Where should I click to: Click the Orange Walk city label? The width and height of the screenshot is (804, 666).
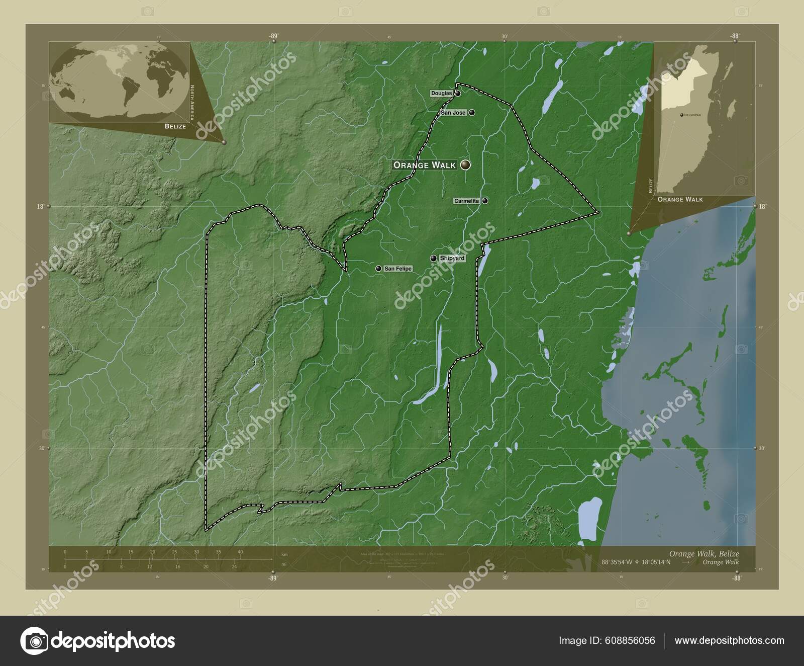tap(425, 165)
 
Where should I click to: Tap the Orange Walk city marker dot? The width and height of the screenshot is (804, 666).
tap(466, 164)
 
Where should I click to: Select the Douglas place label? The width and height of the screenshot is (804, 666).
tap(442, 94)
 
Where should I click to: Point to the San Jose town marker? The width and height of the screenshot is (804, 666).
tap(472, 113)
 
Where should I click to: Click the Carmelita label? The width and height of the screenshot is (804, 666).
tap(467, 201)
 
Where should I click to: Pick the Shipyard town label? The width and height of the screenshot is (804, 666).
tap(452, 258)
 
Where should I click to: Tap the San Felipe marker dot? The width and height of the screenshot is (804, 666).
tap(378, 269)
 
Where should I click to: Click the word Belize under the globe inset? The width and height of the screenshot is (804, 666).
tap(175, 126)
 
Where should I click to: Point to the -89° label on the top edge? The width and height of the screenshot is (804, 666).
tap(273, 36)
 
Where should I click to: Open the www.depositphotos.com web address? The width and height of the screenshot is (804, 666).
tap(729, 640)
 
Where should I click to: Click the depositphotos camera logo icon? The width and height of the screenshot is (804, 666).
tap(34, 641)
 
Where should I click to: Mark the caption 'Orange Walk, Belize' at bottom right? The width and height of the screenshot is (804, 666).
tap(703, 553)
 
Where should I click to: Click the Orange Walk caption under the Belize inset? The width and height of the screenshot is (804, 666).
tap(680, 199)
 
